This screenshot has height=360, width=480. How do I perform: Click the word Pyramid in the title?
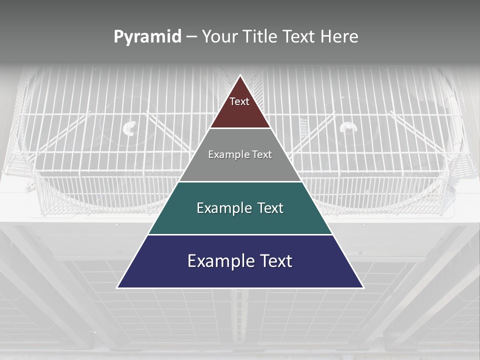tap(147, 36)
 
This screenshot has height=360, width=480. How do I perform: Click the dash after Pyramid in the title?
tap(191, 37)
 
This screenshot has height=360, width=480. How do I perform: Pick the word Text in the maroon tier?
tap(239, 101)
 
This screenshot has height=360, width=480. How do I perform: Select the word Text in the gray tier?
tap(259, 154)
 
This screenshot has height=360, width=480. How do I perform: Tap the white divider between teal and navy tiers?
tap(240, 234)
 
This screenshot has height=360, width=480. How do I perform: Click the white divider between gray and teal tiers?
tap(240, 181)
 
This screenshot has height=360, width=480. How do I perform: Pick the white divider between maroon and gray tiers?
tap(240, 128)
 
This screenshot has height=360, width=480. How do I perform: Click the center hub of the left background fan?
tap(129, 129)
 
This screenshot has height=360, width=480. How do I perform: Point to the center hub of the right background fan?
tap(348, 128)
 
